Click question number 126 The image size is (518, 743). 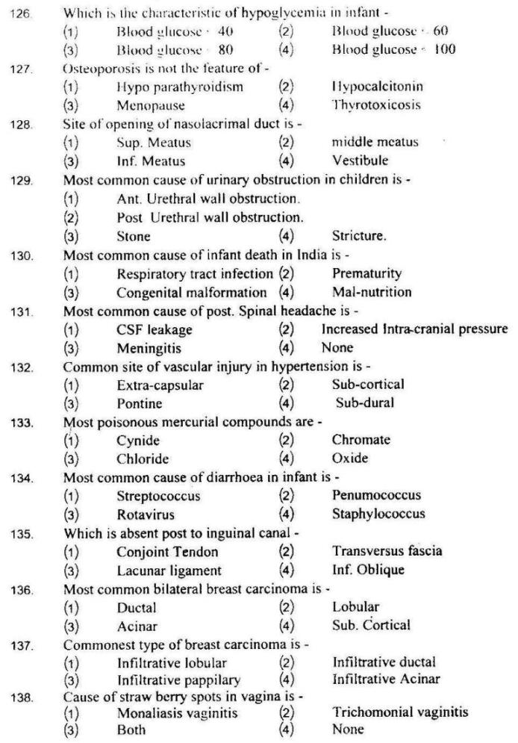[x=23, y=13]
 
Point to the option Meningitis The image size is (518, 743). [x=146, y=348]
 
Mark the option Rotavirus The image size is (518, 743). [x=143, y=514]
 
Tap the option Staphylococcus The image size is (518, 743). [x=378, y=514]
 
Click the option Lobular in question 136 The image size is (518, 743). [x=355, y=606]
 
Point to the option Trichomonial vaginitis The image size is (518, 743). [x=400, y=712]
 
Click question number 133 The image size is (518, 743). [x=23, y=422]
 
